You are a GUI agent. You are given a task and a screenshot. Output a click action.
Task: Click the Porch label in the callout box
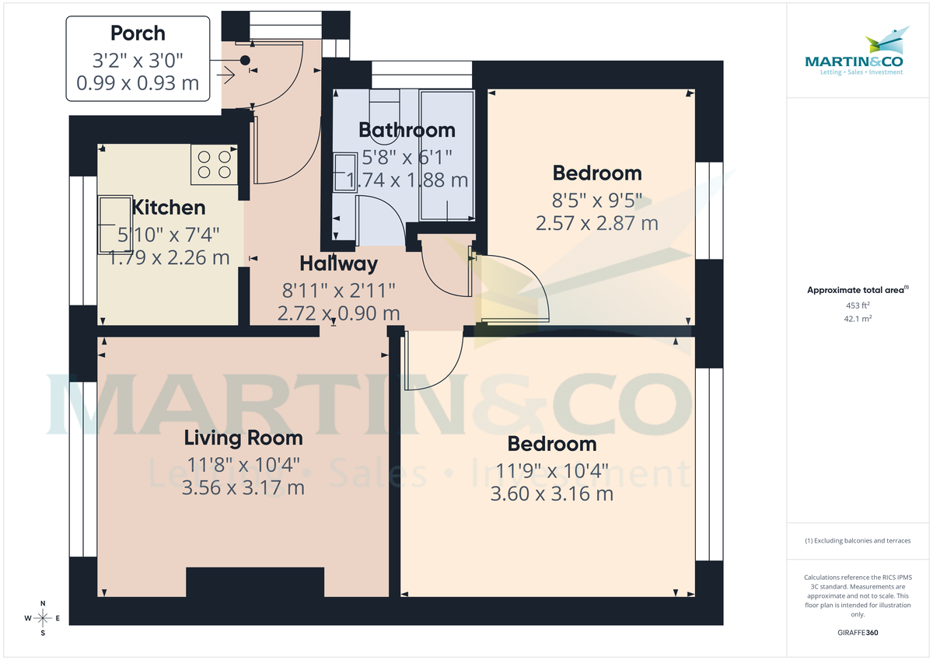[x=138, y=33]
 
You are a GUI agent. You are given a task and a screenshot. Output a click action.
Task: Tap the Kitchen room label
[x=169, y=208]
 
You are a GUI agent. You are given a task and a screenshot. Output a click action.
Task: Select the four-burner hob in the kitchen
[x=214, y=164]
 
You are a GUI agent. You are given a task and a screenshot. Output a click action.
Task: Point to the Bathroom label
[x=407, y=130]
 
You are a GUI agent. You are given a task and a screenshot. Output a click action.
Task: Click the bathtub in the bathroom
[x=447, y=155]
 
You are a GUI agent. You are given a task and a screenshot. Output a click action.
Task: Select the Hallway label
[x=338, y=264]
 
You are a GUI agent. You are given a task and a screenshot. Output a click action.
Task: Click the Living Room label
[x=243, y=438]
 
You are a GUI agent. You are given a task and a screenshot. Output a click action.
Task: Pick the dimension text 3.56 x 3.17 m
[x=243, y=488]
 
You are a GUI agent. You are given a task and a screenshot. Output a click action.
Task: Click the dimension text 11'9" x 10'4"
[x=552, y=470]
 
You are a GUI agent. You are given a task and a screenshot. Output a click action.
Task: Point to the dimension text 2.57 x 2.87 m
[x=596, y=224]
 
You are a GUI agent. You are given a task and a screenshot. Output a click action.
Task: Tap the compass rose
[x=43, y=619]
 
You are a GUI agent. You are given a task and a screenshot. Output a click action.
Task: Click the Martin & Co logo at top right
[x=859, y=54]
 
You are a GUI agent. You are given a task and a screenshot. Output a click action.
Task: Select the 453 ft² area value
[x=858, y=305]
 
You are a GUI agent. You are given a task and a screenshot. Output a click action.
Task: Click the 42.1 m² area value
[x=858, y=319]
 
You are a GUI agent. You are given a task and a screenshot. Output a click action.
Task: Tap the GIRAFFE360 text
[x=858, y=633]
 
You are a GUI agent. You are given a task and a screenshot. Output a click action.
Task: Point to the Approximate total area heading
[x=857, y=290]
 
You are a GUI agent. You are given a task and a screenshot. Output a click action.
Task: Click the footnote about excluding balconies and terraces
[x=858, y=540]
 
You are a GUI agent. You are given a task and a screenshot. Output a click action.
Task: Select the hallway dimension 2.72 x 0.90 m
[x=338, y=314]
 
